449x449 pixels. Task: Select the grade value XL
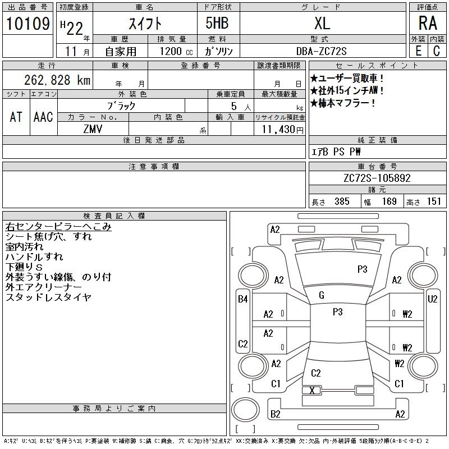pos(322,23)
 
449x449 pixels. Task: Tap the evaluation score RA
pos(428,23)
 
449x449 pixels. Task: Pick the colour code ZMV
pos(93,129)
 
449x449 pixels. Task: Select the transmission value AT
pos(16,117)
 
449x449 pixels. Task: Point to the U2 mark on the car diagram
pos(432,299)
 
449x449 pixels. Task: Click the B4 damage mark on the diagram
pos(243,299)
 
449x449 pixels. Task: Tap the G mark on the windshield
pos(322,295)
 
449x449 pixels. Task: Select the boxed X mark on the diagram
pos(312,390)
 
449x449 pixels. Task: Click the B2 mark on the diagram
pos(275,414)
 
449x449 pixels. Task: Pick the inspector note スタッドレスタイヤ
pos(48,297)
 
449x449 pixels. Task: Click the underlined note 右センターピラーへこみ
pos(58,227)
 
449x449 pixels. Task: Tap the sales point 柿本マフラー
pos(343,103)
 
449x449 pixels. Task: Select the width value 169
pos(390,201)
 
